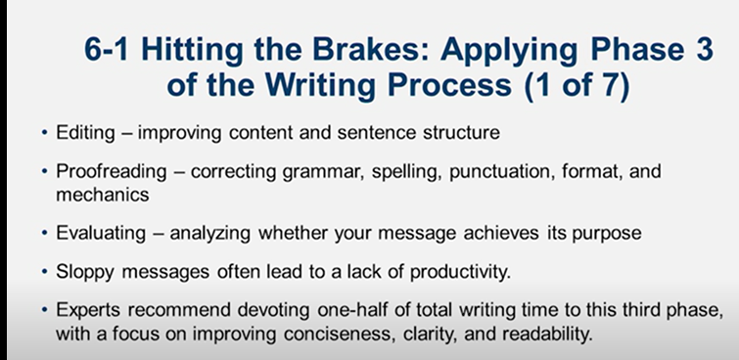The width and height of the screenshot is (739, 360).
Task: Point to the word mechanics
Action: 88,194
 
